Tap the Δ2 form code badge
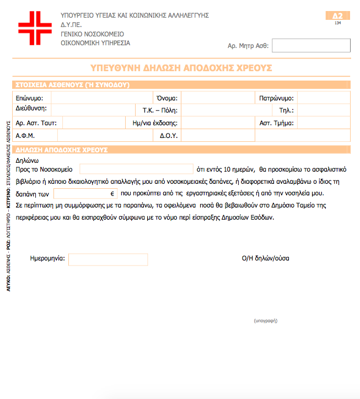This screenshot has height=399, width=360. pyautogui.click(x=338, y=16)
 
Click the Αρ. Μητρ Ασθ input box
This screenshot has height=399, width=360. pyautogui.click(x=311, y=45)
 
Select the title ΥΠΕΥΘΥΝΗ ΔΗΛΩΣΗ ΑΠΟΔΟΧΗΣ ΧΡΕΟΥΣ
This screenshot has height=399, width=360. pyautogui.click(x=181, y=68)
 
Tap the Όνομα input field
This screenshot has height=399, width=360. pyautogui.click(x=216, y=98)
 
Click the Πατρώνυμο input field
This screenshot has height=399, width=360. pyautogui.click(x=323, y=98)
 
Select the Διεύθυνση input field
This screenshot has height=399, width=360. pyautogui.click(x=93, y=110)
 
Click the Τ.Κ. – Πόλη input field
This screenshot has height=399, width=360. pyautogui.click(x=216, y=110)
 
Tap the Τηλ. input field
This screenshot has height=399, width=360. pyautogui.click(x=323, y=110)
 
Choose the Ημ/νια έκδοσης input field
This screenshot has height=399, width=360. pyautogui.click(x=216, y=123)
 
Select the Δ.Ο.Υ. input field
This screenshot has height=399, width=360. pyautogui.click(x=217, y=135)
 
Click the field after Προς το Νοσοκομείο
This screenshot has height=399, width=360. pyautogui.click(x=136, y=169)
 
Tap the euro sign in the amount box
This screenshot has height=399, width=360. pyautogui.click(x=112, y=194)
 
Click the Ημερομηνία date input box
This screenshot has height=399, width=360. pyautogui.click(x=108, y=259)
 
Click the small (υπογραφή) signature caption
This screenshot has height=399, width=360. pyautogui.click(x=265, y=320)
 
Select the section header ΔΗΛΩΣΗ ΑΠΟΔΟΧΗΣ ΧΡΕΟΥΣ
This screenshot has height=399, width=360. pyautogui.click(x=62, y=150)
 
